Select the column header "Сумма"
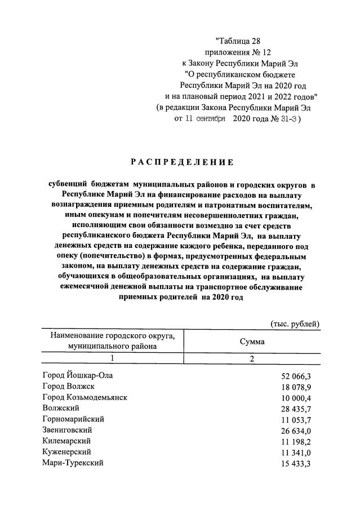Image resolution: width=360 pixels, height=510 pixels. [x=252, y=342]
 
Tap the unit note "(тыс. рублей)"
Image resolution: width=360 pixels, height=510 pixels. [x=295, y=323]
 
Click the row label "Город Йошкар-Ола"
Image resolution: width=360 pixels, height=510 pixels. [x=81, y=375]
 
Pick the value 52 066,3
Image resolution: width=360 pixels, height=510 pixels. [x=296, y=375]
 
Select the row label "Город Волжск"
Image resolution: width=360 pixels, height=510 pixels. [x=68, y=386]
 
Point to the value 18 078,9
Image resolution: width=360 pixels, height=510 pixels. [x=296, y=387]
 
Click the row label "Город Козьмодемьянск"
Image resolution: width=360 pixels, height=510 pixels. [x=85, y=397]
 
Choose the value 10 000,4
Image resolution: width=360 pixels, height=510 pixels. [x=296, y=397]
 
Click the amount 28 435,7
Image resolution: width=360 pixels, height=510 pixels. [x=296, y=409]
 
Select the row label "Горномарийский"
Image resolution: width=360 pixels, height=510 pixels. [x=73, y=419]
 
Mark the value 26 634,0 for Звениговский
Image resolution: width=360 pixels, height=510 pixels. [x=296, y=431]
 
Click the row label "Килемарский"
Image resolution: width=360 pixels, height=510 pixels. [x=66, y=441]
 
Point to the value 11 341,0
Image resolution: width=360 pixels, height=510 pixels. [x=296, y=453]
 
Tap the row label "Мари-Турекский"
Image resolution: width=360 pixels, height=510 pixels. [x=73, y=463]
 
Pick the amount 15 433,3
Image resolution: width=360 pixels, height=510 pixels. [x=296, y=463]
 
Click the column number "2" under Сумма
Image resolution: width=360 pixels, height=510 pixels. [x=252, y=358]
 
